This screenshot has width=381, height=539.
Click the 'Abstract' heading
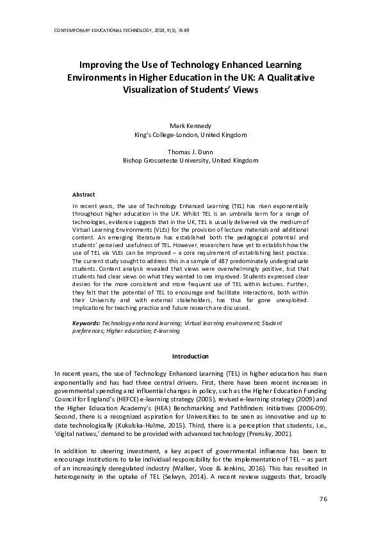click(x=84, y=194)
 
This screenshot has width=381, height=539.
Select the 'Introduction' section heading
click(x=191, y=356)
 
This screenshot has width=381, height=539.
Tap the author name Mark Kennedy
click(x=191, y=126)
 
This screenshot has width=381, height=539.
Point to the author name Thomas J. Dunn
click(x=191, y=152)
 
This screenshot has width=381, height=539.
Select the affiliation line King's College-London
click(x=191, y=135)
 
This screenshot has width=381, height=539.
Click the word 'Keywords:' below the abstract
click(x=86, y=323)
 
